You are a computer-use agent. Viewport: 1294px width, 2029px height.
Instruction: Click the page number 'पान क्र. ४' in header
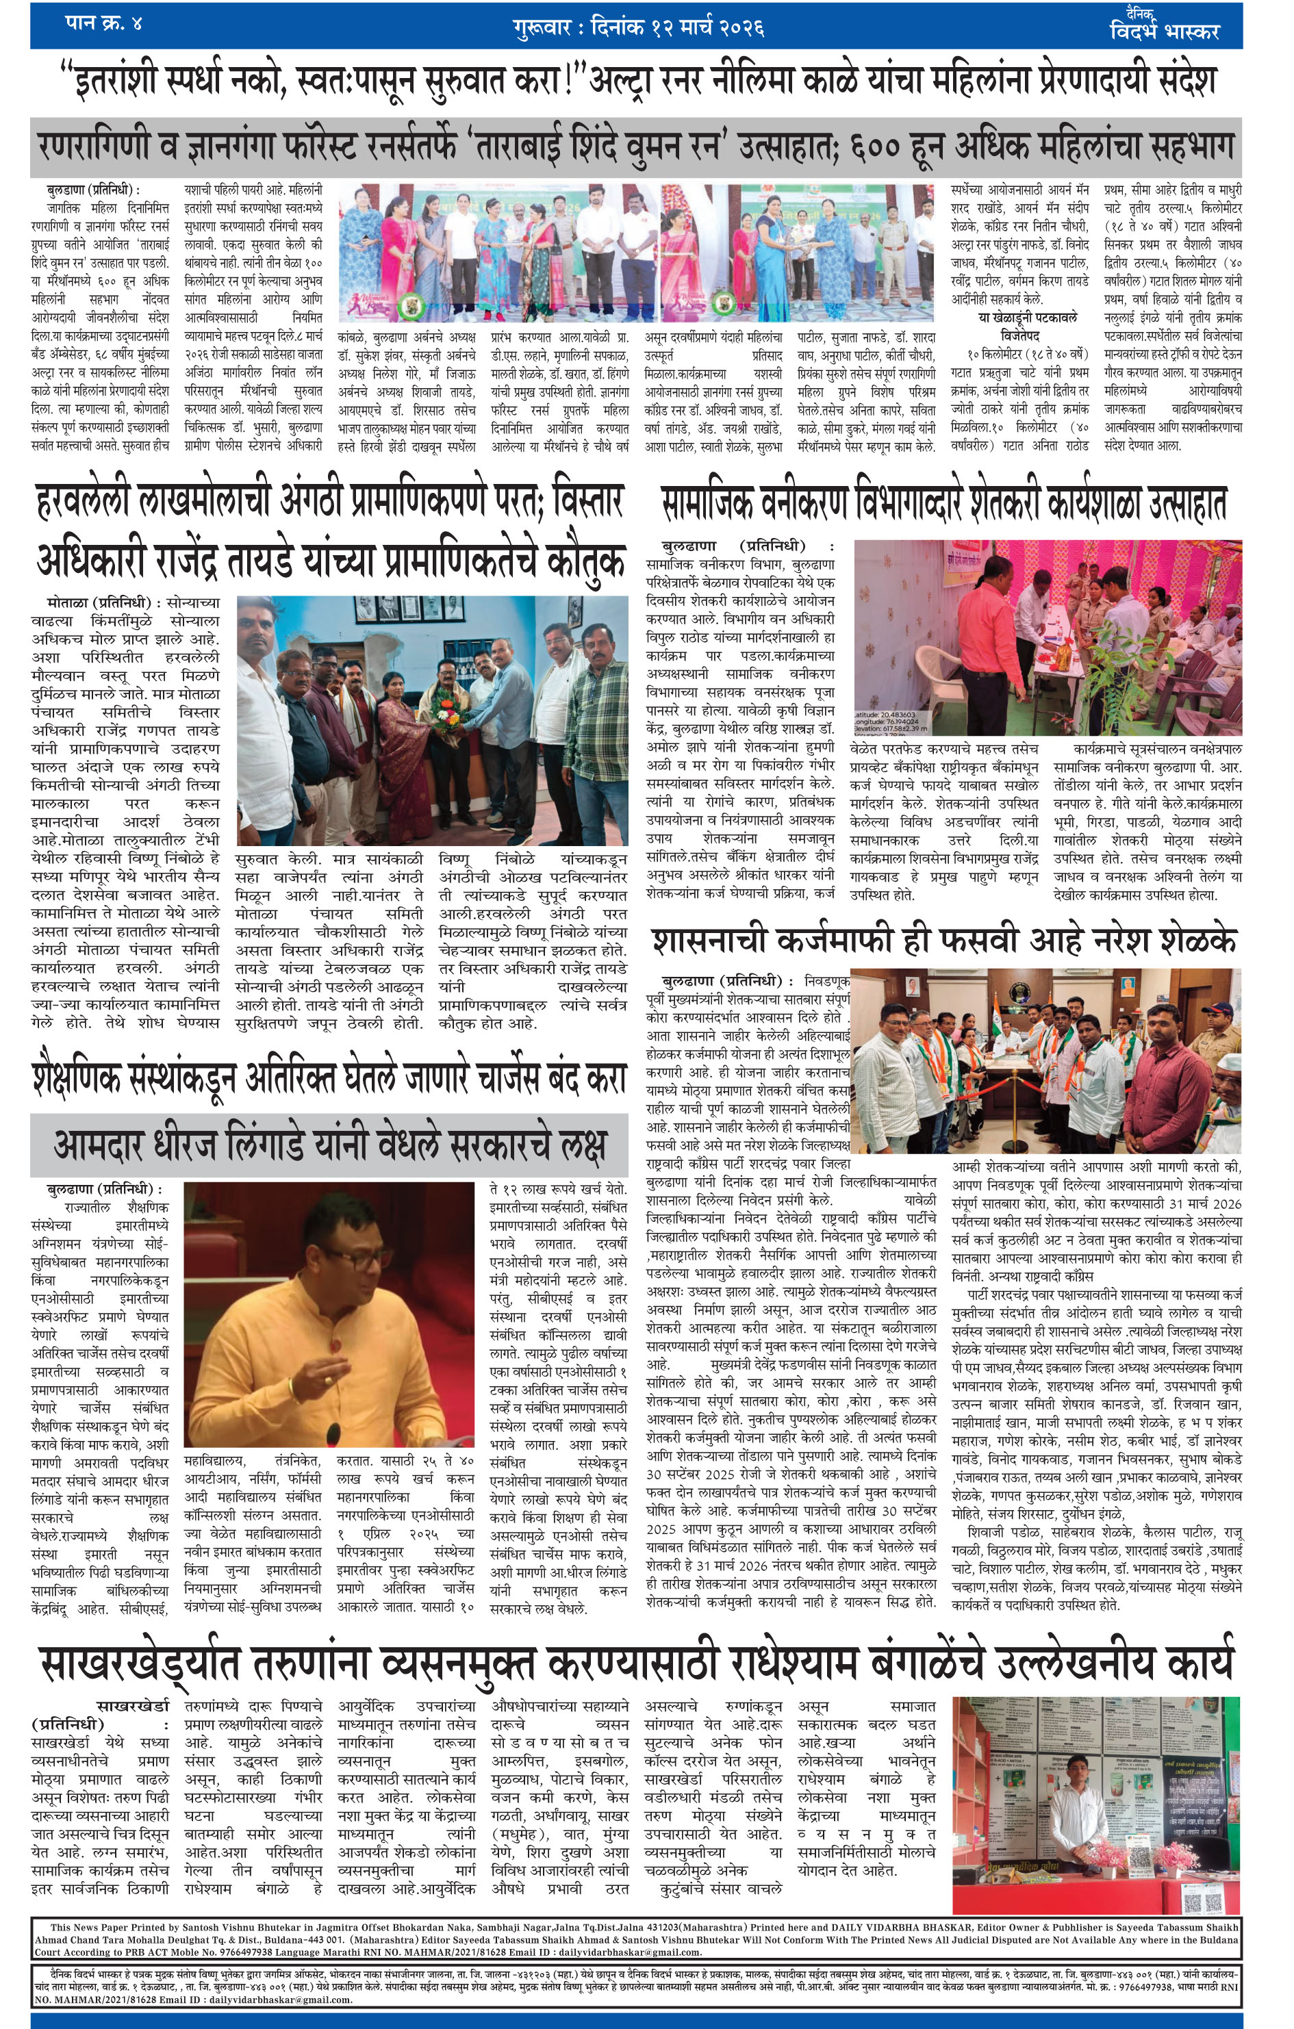point(103,23)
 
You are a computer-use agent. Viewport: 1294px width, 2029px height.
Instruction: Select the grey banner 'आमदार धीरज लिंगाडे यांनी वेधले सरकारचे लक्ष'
point(329,1145)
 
